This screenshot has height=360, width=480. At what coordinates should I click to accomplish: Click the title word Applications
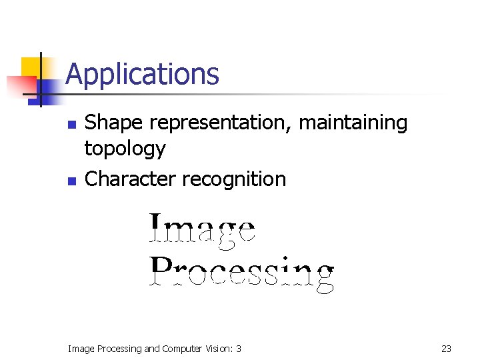[x=142, y=74]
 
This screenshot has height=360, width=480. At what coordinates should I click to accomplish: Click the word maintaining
[x=353, y=123]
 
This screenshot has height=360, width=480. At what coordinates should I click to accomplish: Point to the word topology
[x=125, y=149]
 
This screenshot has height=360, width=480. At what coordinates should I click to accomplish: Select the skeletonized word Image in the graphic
[x=201, y=229]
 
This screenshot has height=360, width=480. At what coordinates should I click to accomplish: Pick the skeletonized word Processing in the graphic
[x=241, y=273]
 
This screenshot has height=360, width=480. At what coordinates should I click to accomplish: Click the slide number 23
[x=446, y=348]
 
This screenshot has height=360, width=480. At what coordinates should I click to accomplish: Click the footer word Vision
[x=222, y=348]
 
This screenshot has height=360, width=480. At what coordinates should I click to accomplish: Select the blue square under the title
[x=47, y=90]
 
